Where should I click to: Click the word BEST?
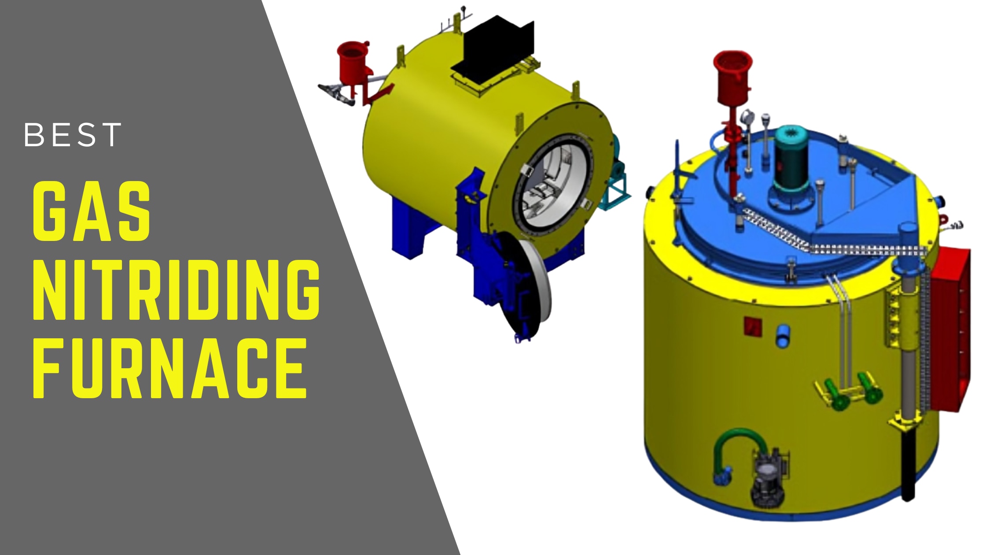(73, 135)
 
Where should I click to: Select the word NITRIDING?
(177, 289)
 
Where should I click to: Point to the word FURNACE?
(170, 368)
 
